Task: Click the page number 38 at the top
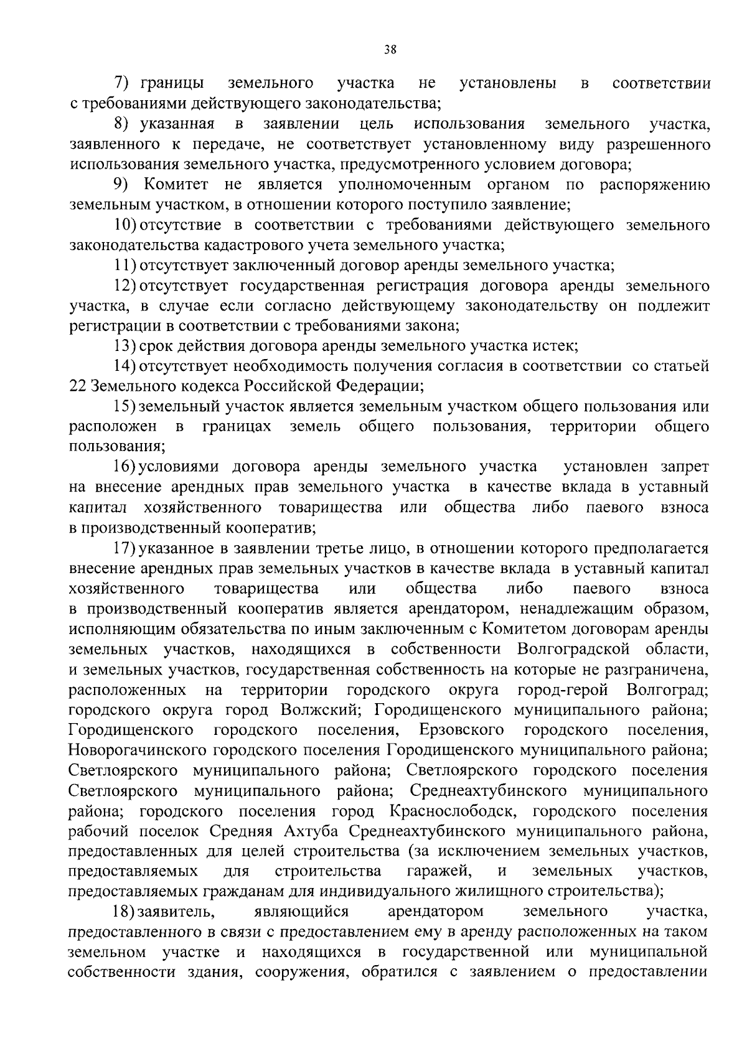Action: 390,50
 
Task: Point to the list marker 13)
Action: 125,346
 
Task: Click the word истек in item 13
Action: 561,346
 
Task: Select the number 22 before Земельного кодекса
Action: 78,386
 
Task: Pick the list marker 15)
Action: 125,407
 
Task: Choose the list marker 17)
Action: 125,548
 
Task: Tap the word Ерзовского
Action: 462,729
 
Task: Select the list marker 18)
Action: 125,912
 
